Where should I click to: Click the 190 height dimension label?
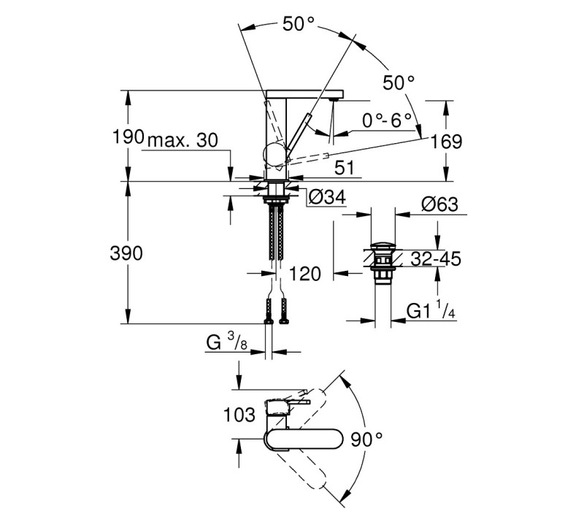click(x=128, y=137)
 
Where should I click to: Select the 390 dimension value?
click(x=126, y=253)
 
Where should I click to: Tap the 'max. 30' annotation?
click(x=182, y=140)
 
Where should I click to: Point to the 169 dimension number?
click(x=446, y=142)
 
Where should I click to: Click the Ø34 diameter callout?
click(x=327, y=197)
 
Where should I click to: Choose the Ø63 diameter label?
click(x=440, y=204)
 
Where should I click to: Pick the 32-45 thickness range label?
click(x=436, y=259)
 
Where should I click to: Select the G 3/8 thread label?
click(x=227, y=342)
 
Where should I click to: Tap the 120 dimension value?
click(x=304, y=274)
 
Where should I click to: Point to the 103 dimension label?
click(x=239, y=415)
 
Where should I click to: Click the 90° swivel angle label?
click(x=366, y=439)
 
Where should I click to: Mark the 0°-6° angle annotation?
click(x=387, y=120)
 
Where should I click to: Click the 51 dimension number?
click(x=345, y=168)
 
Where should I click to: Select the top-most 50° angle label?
click(x=299, y=24)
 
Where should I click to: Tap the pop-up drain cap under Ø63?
click(x=383, y=246)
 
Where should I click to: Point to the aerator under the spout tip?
click(x=334, y=99)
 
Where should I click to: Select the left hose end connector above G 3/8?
click(x=268, y=311)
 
